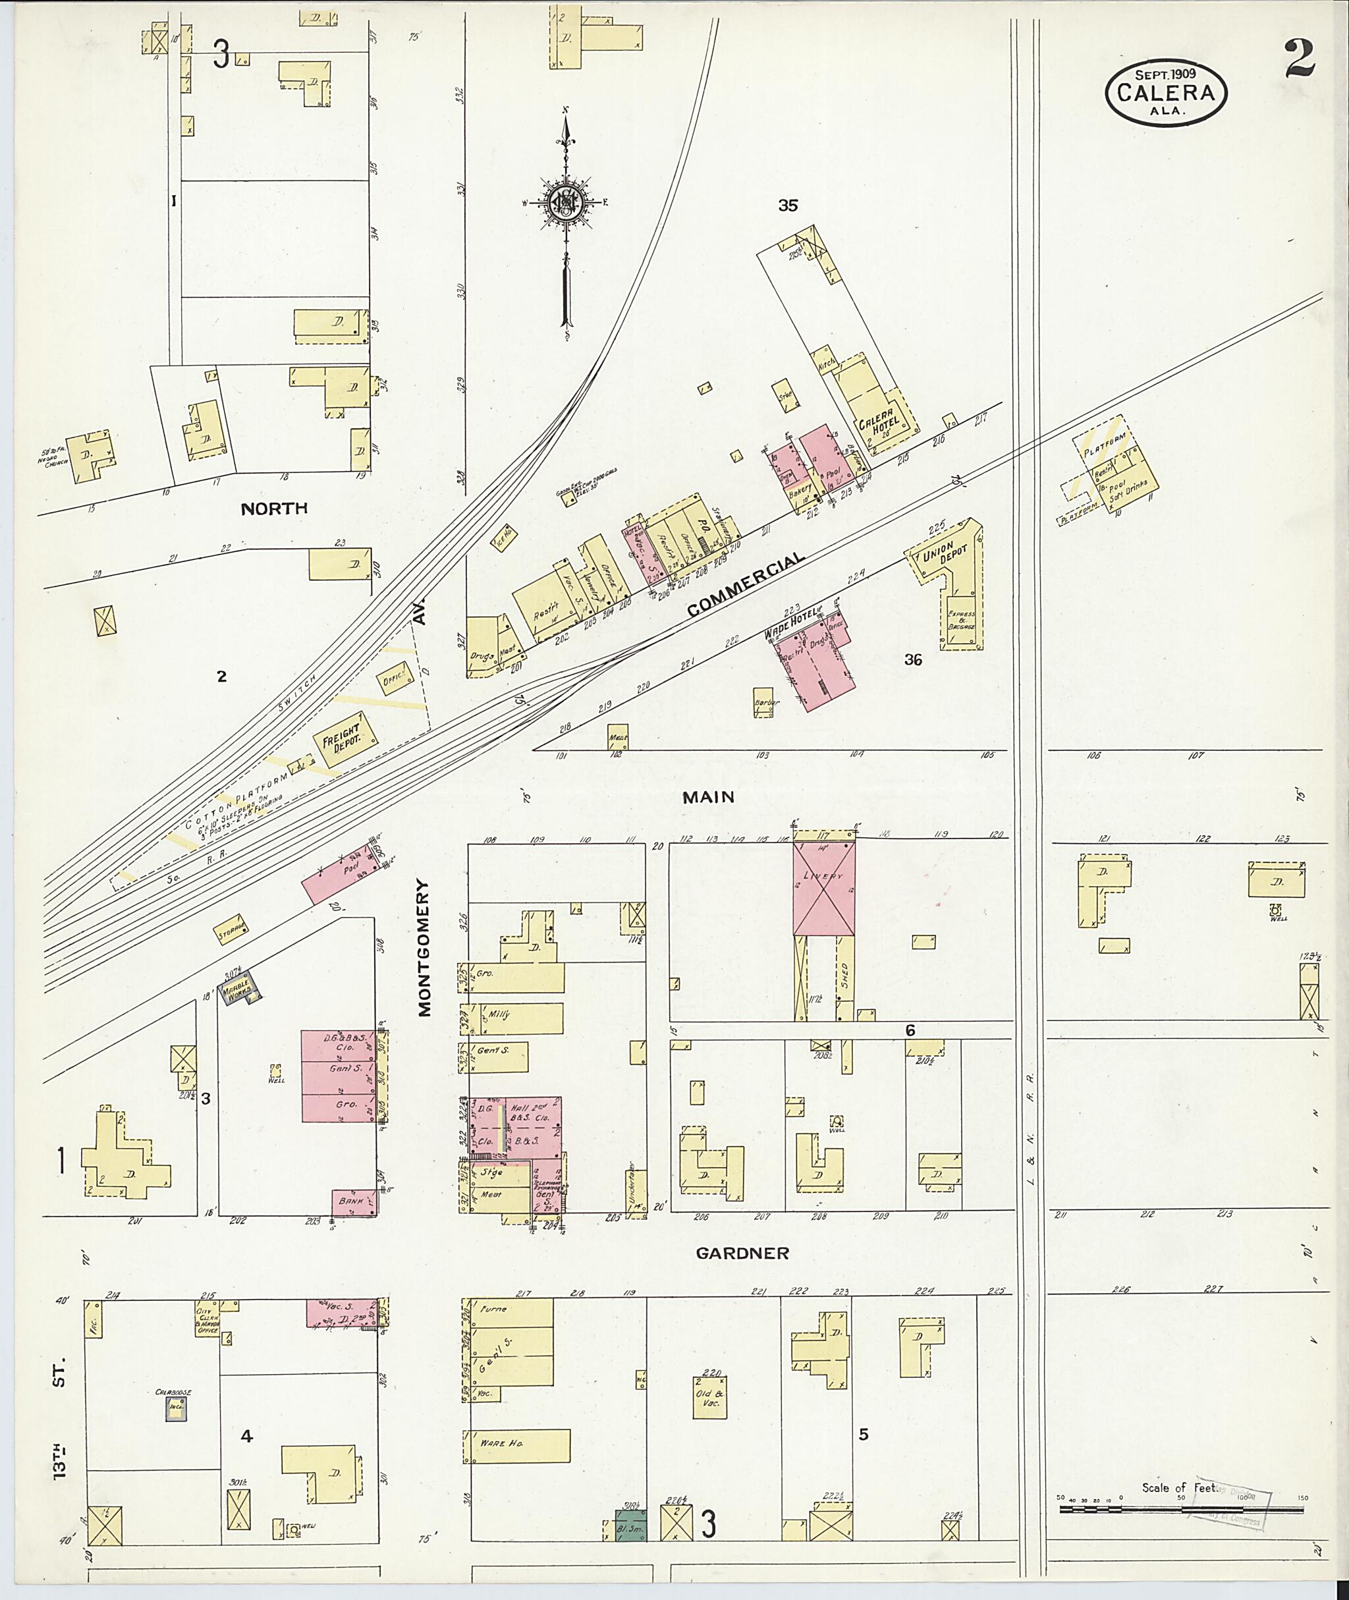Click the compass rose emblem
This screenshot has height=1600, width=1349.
point(566,203)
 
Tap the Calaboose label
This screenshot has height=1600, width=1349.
point(175,1392)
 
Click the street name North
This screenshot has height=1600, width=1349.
point(274,508)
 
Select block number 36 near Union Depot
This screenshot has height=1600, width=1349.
point(913,659)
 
